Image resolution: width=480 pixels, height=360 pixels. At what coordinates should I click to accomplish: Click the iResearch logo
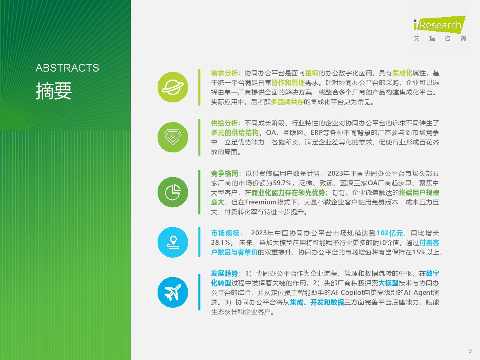coord(439,28)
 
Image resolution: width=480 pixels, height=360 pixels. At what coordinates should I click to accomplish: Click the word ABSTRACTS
coord(67,68)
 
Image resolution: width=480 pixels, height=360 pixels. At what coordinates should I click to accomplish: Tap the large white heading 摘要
coord(54,91)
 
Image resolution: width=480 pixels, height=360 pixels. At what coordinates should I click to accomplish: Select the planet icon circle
coord(173,87)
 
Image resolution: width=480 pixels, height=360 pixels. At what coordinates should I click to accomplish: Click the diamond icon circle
coord(173,137)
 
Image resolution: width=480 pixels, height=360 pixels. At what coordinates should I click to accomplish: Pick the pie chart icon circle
coord(173,192)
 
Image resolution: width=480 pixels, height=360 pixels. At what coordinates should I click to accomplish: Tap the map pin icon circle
coord(173,242)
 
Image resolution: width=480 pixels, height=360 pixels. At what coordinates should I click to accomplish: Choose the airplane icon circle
coord(173,292)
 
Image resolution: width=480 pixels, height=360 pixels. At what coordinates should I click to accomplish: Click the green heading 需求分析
coord(224,73)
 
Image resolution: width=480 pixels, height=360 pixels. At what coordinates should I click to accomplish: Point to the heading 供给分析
coord(224,123)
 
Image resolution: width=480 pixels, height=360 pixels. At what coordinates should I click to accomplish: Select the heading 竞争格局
coord(224,173)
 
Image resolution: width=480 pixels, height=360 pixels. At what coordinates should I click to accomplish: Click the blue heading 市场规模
coord(225,233)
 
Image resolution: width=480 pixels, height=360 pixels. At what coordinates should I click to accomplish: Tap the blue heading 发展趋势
coord(224,273)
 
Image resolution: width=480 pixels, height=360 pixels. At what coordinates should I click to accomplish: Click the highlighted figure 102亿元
coord(390,233)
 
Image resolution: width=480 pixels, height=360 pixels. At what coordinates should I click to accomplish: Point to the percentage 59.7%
coord(282,183)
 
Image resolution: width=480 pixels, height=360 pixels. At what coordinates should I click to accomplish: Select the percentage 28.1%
coord(220,243)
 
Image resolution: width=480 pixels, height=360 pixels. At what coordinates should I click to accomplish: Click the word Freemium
coord(261,202)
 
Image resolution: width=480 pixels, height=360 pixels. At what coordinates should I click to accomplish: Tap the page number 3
coord(470,351)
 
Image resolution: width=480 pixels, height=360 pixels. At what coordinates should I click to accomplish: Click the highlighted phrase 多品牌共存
coord(287,102)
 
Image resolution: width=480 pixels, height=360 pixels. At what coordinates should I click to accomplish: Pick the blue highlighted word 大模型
coord(388,283)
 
